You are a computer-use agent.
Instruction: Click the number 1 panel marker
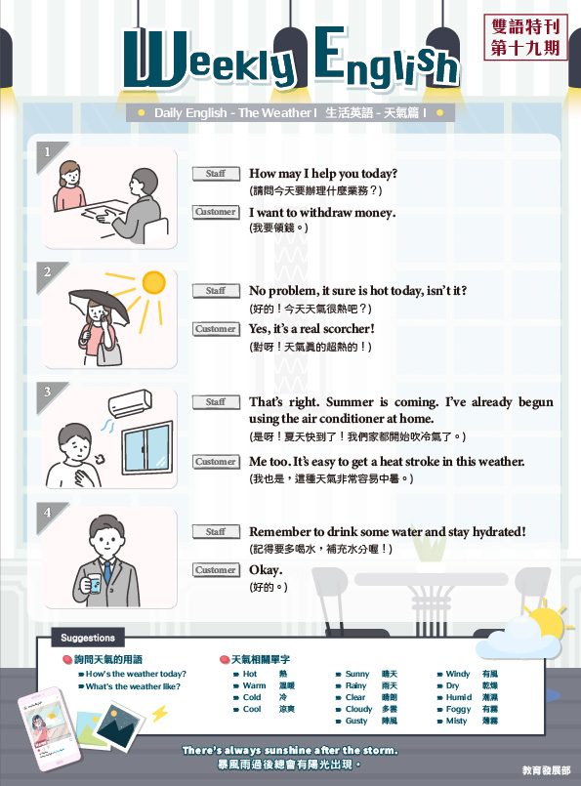48,152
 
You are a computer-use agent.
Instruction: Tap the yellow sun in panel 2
154,282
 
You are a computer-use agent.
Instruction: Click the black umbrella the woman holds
98,305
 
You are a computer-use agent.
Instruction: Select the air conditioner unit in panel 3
130,403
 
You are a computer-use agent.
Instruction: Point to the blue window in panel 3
147,447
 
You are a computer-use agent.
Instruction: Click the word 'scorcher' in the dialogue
349,329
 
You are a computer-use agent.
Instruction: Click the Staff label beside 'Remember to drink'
216,531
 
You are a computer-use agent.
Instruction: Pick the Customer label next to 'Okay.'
216,570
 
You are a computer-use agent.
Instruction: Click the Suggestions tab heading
88,638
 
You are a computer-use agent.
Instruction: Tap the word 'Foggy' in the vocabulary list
458,709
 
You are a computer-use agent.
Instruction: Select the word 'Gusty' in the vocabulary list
356,721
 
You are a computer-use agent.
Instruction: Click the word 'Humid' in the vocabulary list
459,697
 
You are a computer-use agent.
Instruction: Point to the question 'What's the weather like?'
133,686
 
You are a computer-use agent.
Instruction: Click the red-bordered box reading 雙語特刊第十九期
525,38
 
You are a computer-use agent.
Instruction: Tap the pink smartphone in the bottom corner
49,728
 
